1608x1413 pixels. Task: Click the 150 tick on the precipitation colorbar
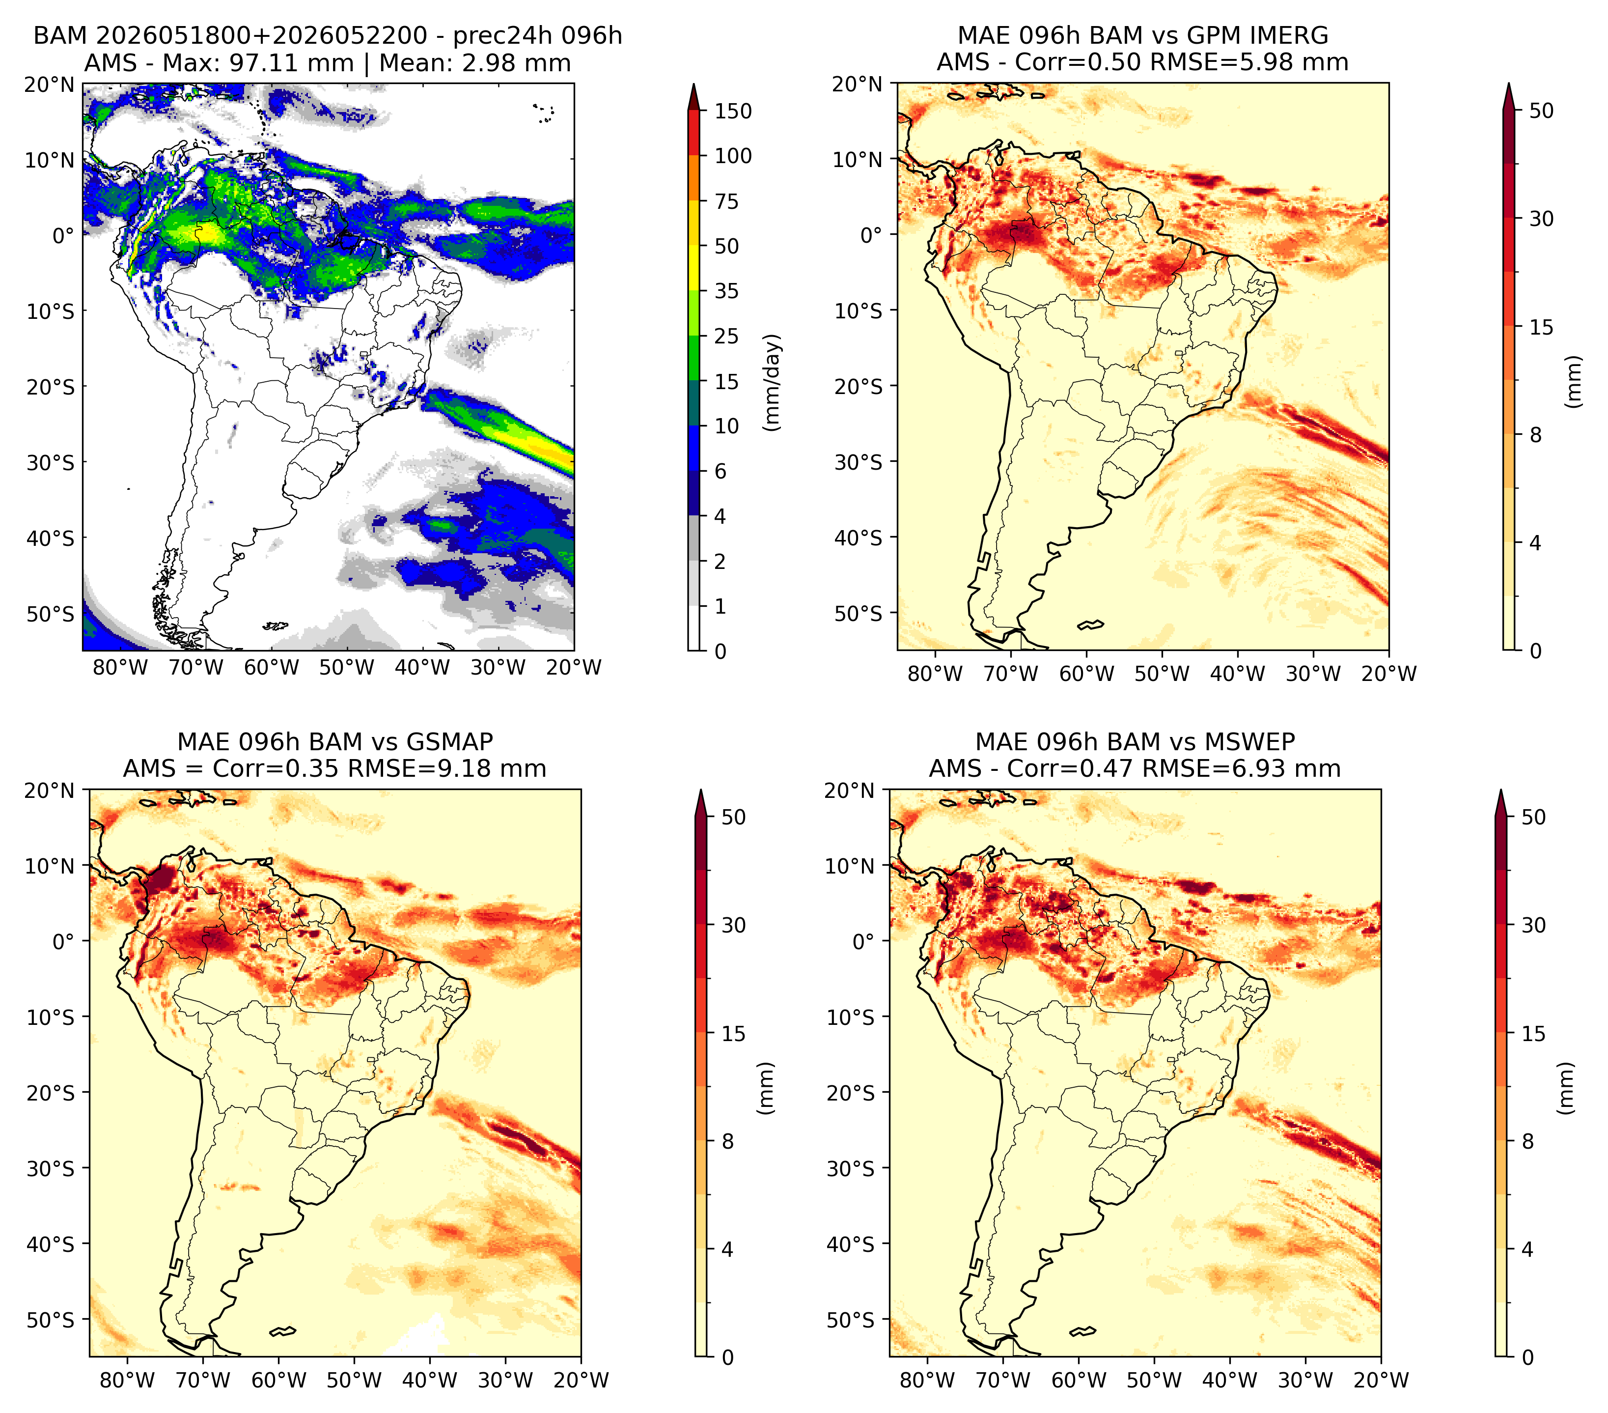coord(732,111)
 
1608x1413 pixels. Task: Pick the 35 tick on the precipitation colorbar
coord(726,291)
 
